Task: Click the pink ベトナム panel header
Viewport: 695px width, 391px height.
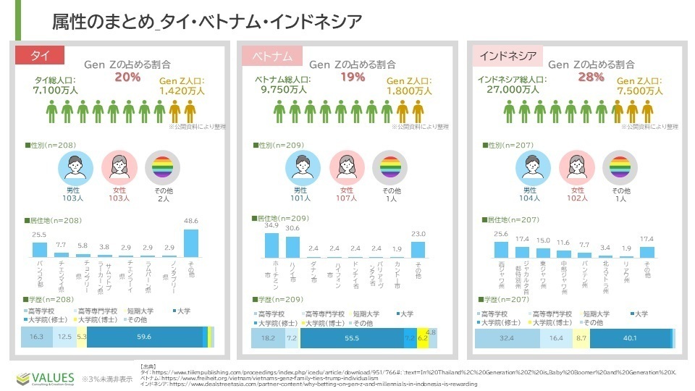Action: coord(272,56)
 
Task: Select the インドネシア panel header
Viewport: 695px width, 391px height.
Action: coord(507,56)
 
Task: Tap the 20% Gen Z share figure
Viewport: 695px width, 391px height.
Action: coord(127,77)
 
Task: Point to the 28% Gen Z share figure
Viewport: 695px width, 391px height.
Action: coord(590,77)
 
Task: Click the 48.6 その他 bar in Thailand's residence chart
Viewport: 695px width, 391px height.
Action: coord(191,243)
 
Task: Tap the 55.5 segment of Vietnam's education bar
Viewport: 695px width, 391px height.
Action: coord(353,338)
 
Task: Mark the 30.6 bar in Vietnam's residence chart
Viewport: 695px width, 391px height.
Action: coord(293,247)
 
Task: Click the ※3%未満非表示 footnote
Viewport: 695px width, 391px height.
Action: coord(107,379)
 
